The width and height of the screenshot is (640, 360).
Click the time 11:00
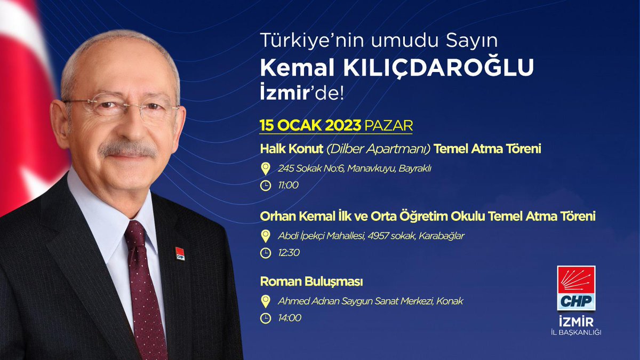click(288, 186)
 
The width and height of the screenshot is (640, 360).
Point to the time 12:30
click(289, 252)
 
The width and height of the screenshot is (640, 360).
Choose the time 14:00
click(290, 318)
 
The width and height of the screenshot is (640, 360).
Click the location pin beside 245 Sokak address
click(265, 169)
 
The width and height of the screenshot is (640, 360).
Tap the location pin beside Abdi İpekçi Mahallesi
click(265, 236)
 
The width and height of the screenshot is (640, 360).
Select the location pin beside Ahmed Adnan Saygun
click(265, 301)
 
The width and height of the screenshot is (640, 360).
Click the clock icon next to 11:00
click(265, 186)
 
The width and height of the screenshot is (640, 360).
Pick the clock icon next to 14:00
click(265, 318)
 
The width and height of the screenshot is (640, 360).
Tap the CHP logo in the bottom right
click(576, 288)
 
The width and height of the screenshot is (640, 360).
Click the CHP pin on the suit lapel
click(180, 253)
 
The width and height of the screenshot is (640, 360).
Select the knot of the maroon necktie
click(135, 233)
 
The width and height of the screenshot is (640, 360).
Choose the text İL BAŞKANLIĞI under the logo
click(576, 333)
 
